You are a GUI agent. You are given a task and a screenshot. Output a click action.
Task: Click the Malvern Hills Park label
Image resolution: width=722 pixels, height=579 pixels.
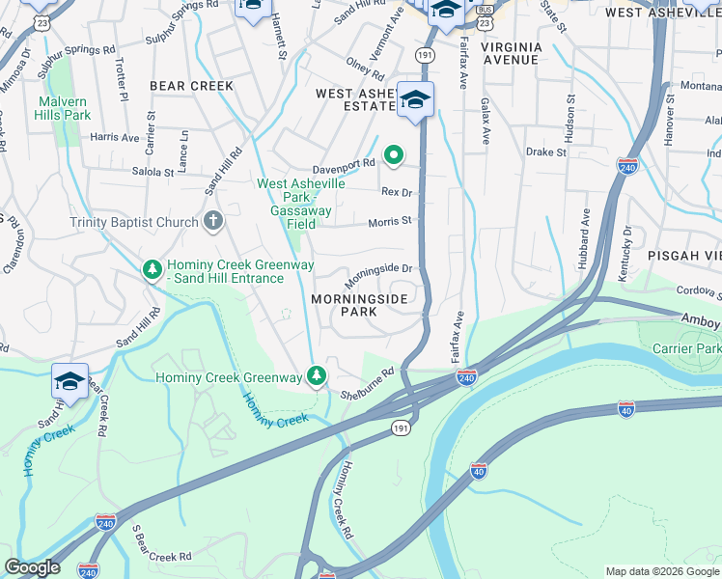coord(64,108)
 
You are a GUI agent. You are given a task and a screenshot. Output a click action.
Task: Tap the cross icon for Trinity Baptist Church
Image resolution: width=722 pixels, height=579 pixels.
coord(213,222)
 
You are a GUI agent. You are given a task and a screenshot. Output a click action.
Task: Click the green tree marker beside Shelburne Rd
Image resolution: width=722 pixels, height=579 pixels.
coord(316,376)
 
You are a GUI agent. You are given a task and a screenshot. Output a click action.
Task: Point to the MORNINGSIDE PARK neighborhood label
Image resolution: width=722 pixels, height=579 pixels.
coord(358,306)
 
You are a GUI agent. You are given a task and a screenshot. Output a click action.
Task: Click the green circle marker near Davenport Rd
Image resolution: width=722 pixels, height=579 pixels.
coord(394,154)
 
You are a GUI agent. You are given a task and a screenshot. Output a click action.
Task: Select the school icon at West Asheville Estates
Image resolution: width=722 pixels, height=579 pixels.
coord(415,100)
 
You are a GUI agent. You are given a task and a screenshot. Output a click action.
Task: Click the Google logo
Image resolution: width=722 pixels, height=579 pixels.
coord(32,567)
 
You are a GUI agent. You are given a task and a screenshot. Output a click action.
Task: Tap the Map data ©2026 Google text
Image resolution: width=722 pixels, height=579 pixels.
coord(661,571)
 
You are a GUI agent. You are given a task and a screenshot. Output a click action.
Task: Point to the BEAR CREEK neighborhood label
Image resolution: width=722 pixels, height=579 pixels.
coord(191,86)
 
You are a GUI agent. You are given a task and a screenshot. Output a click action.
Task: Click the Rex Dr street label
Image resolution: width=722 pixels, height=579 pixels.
coord(397,193)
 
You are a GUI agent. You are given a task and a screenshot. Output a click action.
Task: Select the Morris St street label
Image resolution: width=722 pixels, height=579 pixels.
coord(390,221)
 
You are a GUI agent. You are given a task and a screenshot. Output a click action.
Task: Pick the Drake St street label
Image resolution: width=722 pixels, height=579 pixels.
coord(545,152)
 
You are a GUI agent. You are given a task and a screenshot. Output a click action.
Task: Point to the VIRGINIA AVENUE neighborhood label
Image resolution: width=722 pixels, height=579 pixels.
coord(511,53)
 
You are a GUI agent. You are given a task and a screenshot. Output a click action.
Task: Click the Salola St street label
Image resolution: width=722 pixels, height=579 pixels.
coord(153,172)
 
